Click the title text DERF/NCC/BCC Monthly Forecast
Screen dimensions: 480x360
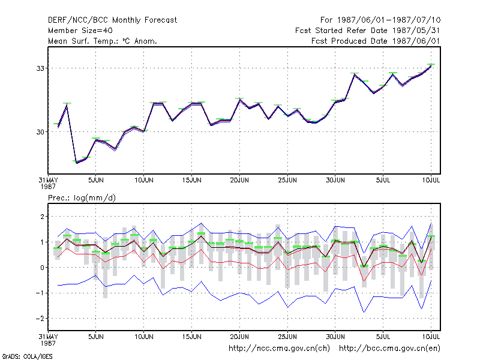click(112, 20)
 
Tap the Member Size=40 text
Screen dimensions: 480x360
click(80, 31)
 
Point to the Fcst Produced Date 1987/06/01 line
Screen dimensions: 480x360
click(376, 41)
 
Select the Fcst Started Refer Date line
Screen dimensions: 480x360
click(367, 31)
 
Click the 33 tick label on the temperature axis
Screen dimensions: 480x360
click(40, 68)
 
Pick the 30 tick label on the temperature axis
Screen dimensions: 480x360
click(40, 132)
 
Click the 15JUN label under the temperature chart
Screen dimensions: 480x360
click(191, 180)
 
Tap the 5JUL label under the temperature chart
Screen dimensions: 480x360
click(383, 180)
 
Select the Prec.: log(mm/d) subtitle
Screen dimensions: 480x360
click(82, 198)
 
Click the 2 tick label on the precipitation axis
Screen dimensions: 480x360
click(42, 217)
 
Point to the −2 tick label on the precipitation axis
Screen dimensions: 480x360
click(40, 319)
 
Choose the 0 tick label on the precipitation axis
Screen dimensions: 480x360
click(42, 268)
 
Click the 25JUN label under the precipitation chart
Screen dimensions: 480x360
click(287, 337)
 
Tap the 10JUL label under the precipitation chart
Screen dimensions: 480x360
click(431, 337)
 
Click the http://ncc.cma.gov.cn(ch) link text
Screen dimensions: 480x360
click(279, 349)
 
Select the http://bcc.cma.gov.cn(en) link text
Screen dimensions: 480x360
click(389, 349)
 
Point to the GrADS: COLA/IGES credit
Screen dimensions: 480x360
click(27, 356)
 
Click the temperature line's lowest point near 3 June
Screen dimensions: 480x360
click(77, 162)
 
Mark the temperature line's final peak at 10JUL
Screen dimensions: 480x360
click(431, 65)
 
